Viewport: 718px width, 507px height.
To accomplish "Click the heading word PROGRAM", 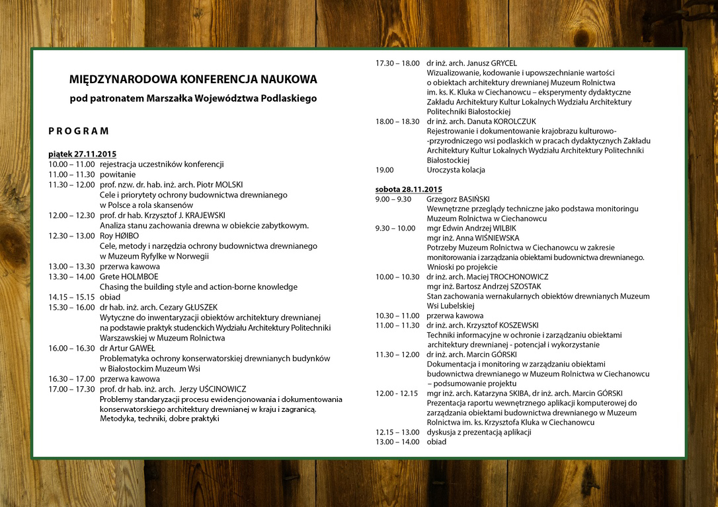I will click(79, 131).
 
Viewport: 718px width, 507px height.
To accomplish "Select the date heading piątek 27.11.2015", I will click(82, 154).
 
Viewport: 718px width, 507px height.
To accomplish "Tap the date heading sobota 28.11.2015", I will click(409, 189).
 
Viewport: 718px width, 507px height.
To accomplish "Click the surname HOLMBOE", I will click(140, 277).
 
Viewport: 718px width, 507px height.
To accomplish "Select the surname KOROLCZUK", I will click(513, 121).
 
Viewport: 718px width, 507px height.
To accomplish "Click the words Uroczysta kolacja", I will click(456, 170).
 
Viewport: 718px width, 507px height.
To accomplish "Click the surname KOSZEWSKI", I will click(515, 325).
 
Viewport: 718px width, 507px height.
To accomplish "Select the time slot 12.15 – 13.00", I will click(397, 432).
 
